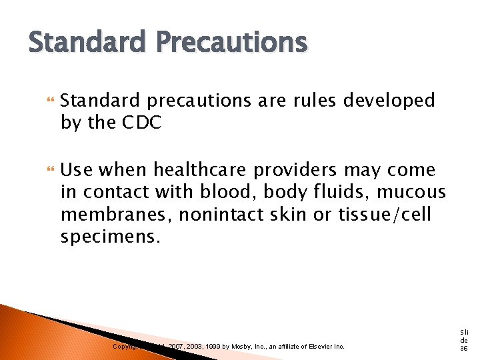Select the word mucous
[x=411, y=193]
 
